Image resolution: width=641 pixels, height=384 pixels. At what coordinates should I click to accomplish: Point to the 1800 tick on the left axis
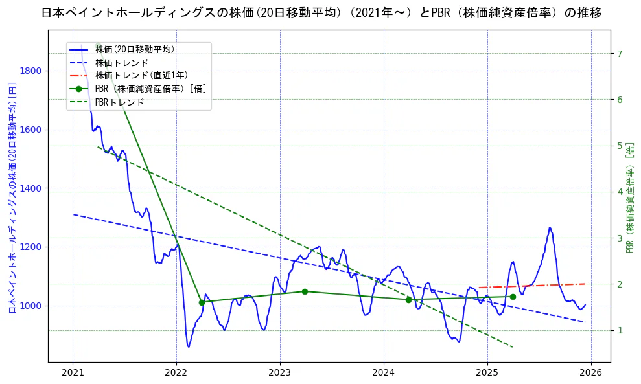coord(32,71)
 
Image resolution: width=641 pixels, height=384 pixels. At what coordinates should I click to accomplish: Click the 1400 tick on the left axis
coord(32,188)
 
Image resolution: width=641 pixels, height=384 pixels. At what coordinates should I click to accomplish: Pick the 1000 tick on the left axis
coord(32,306)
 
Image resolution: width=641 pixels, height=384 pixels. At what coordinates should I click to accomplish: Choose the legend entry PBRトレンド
coord(119,102)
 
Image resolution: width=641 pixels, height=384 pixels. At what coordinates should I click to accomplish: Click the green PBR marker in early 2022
coord(202,302)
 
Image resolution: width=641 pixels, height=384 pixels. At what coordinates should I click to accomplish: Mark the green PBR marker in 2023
coord(305,291)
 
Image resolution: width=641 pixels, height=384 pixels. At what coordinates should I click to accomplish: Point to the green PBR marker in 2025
coord(513,297)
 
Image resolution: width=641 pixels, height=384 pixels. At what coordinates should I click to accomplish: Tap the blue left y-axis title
coord(12,198)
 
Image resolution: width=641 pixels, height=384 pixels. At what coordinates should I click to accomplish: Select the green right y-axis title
coord(630,198)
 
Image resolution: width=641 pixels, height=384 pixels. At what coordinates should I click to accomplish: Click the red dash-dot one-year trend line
coord(531,286)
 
